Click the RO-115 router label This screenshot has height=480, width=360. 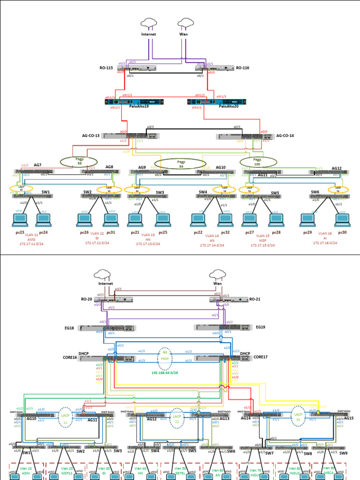point(106,68)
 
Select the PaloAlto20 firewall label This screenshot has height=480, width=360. point(229,106)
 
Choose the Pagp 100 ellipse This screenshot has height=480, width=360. point(257,162)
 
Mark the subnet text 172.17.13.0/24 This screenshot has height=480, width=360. point(148,244)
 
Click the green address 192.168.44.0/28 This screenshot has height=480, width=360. point(165,374)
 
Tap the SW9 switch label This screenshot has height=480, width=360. point(344,453)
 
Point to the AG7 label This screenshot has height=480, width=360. point(37,165)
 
